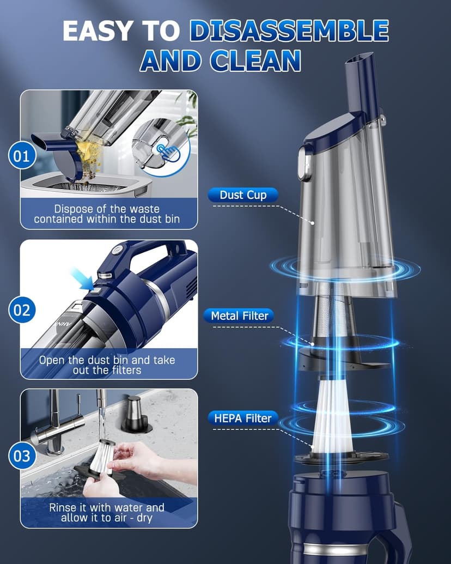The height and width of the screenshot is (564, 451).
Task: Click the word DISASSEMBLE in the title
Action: click(x=289, y=32)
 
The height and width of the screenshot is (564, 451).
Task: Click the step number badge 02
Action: click(x=21, y=310)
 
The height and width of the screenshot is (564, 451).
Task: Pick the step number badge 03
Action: click(x=21, y=455)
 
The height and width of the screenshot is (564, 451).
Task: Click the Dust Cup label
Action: click(x=243, y=195)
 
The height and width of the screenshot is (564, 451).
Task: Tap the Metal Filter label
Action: click(x=240, y=316)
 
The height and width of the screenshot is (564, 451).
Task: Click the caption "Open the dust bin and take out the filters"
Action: click(x=107, y=365)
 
